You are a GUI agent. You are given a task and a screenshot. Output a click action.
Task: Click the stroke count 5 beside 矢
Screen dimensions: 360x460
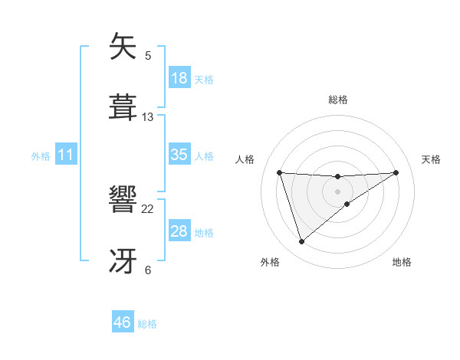(x=148, y=56)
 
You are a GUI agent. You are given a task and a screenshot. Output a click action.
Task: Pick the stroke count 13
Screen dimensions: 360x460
(x=148, y=117)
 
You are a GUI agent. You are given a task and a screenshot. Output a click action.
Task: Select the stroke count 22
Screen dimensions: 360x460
(x=148, y=208)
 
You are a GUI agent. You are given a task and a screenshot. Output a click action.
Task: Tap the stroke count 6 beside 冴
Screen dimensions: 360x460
(x=148, y=270)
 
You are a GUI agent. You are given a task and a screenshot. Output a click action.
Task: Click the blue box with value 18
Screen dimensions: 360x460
(x=179, y=77)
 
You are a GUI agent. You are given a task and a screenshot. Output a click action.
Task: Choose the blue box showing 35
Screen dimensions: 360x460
(x=179, y=155)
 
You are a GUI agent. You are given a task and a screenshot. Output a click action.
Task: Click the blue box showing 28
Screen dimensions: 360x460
(x=179, y=231)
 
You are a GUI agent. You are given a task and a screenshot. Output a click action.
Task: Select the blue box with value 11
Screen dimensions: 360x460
(x=66, y=155)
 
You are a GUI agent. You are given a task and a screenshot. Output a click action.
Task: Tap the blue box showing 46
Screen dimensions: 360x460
(x=123, y=322)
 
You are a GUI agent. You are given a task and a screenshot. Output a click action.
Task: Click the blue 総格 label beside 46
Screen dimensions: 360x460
(x=147, y=324)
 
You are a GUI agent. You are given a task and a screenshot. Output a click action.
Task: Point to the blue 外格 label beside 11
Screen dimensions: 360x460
(x=41, y=156)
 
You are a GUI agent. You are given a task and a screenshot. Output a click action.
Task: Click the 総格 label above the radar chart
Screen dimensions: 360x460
(x=338, y=100)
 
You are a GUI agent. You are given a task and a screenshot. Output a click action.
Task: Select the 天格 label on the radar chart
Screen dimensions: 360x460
(x=432, y=159)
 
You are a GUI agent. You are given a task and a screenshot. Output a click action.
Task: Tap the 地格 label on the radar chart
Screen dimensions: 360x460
(x=402, y=263)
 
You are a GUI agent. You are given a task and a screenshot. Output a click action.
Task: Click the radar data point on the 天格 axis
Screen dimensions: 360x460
(x=396, y=172)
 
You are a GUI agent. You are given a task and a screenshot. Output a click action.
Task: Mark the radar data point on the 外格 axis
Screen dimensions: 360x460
(x=301, y=242)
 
